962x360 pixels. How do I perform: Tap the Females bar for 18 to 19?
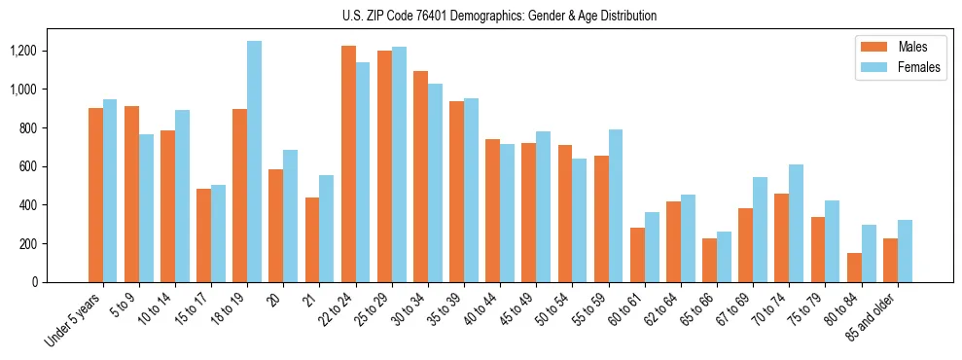[x=254, y=162]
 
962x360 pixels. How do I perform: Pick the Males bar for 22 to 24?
[x=348, y=163]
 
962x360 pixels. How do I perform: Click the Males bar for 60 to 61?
[x=637, y=255]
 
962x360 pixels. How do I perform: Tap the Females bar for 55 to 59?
[x=616, y=205]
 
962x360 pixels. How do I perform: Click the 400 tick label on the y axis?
[x=26, y=205]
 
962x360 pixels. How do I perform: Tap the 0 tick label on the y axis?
[x=34, y=282]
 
